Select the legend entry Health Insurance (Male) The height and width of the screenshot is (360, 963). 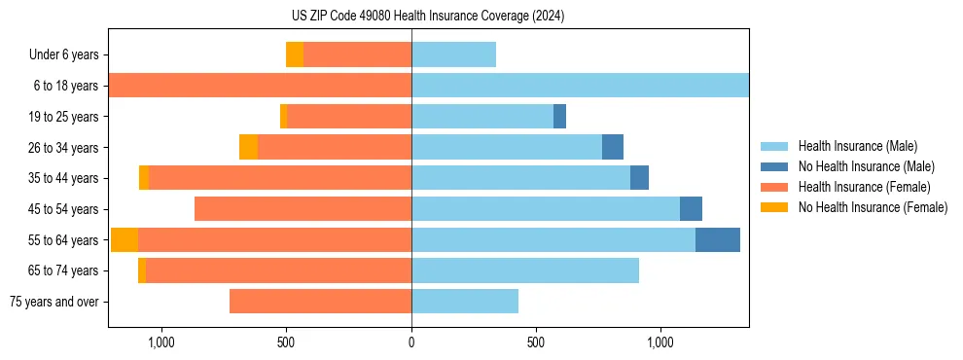pos(857,146)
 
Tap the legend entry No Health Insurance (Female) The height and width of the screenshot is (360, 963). pos(873,207)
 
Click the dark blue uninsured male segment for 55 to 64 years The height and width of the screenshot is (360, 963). pos(718,240)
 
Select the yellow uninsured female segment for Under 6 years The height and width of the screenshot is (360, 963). pos(295,55)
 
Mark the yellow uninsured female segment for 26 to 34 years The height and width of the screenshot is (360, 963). pos(248,148)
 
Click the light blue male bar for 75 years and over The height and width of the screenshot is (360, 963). pos(465,302)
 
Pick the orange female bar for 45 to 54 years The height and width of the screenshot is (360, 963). pos(303,209)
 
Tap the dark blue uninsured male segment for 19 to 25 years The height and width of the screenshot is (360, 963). pos(559,117)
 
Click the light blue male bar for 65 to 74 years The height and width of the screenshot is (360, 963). pos(525,270)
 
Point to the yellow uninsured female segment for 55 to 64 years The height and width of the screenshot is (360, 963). pos(125,240)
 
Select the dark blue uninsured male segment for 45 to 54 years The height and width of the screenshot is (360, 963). pos(691,209)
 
